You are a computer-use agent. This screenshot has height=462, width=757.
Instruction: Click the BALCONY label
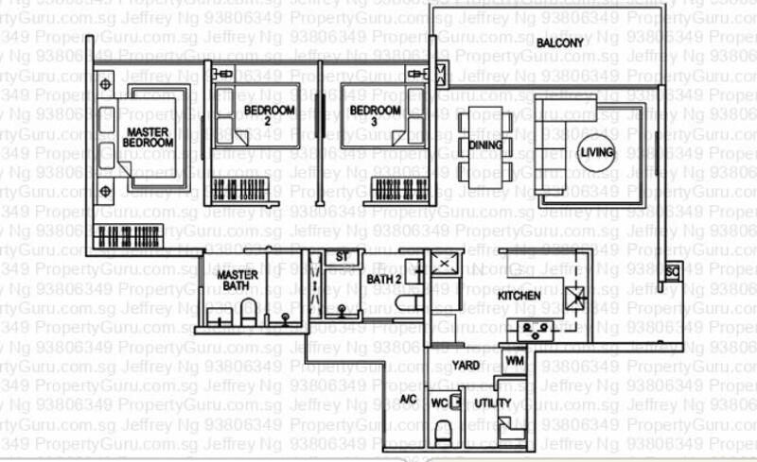560,43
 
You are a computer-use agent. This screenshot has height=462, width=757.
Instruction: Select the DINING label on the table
485,145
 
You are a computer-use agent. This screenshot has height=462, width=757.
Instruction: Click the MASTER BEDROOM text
149,137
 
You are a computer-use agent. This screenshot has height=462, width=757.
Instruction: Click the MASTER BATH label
238,282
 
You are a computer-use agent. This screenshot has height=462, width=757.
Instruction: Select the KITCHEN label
519,296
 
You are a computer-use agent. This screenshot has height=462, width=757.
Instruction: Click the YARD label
465,365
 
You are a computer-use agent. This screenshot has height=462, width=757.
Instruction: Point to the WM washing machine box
515,361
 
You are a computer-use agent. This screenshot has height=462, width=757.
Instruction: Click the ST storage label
342,257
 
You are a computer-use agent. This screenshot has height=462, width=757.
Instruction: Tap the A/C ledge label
408,402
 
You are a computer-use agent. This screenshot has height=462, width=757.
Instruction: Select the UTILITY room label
493,403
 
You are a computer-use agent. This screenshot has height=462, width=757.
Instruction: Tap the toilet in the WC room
442,432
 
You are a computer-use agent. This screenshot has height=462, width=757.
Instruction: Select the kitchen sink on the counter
536,330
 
